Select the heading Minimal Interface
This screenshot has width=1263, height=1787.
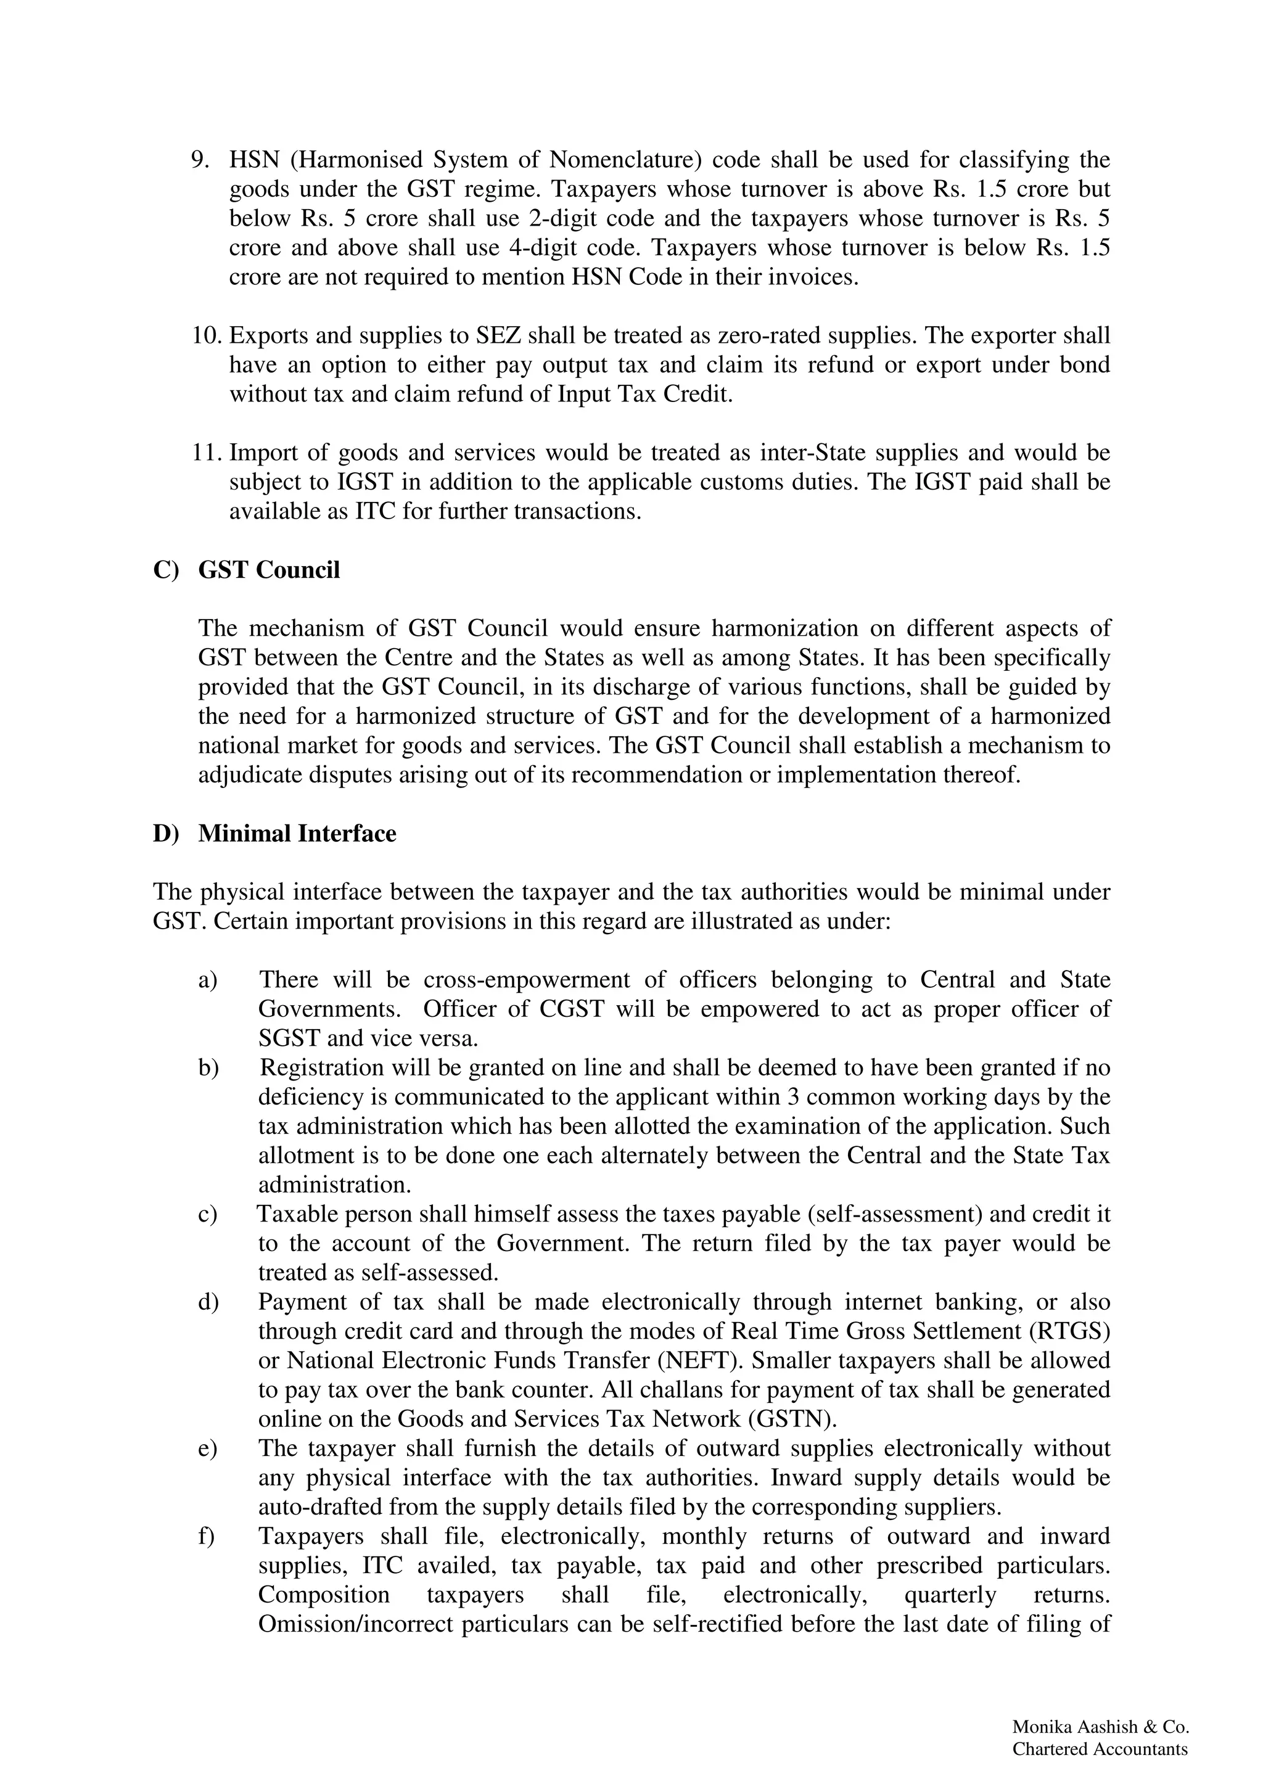point(297,834)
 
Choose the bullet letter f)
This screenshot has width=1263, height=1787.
point(207,1537)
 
